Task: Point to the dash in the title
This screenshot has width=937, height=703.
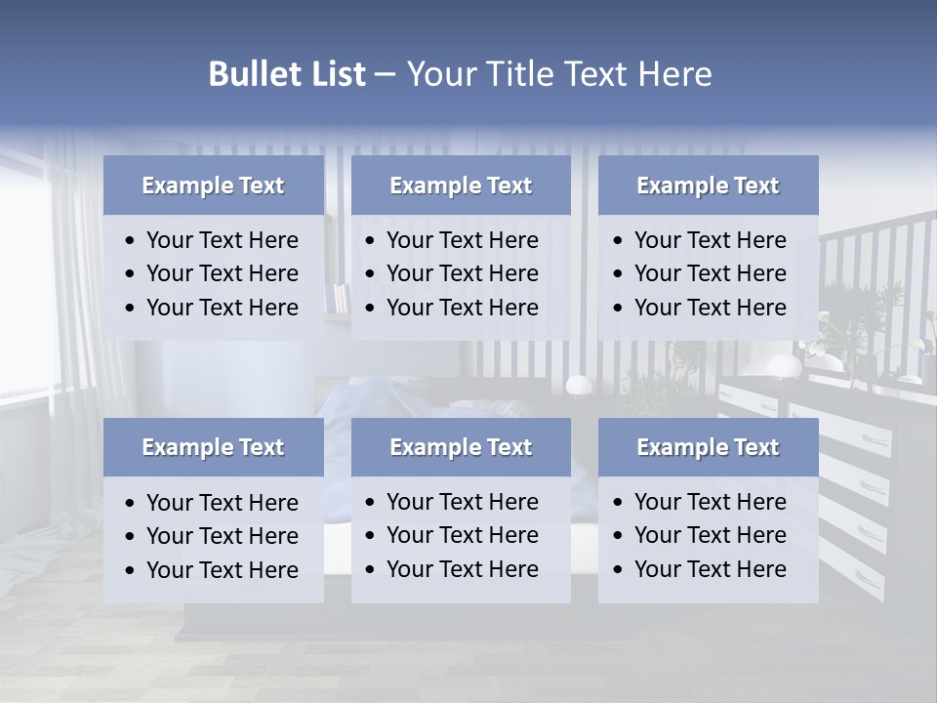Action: pyautogui.click(x=385, y=75)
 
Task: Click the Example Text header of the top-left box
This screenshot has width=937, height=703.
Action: pyautogui.click(x=213, y=186)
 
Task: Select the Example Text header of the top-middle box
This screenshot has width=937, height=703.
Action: pyautogui.click(x=461, y=186)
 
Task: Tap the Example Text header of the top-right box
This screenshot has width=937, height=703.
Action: pyautogui.click(x=708, y=186)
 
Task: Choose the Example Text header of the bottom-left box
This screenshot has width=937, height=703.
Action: pyautogui.click(x=213, y=447)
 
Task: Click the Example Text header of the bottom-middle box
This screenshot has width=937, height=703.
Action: pyautogui.click(x=461, y=447)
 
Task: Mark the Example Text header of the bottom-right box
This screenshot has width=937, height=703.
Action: pyautogui.click(x=708, y=447)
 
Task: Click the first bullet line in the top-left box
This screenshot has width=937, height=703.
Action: pyautogui.click(x=222, y=240)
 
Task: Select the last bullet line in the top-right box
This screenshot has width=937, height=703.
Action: pyautogui.click(x=710, y=308)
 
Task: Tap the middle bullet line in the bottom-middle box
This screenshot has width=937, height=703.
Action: pyautogui.click(x=462, y=535)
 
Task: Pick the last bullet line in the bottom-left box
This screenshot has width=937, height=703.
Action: pyautogui.click(x=222, y=570)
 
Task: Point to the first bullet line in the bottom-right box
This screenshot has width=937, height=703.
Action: pyautogui.click(x=710, y=502)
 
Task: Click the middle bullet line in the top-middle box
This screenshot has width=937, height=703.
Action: pyautogui.click(x=462, y=273)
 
